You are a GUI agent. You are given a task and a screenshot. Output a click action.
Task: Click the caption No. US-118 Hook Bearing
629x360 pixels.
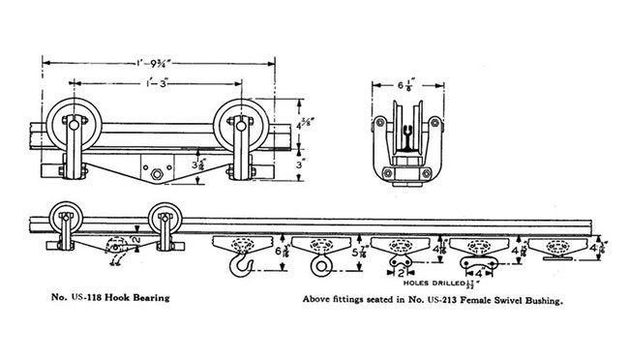point(99,298)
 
